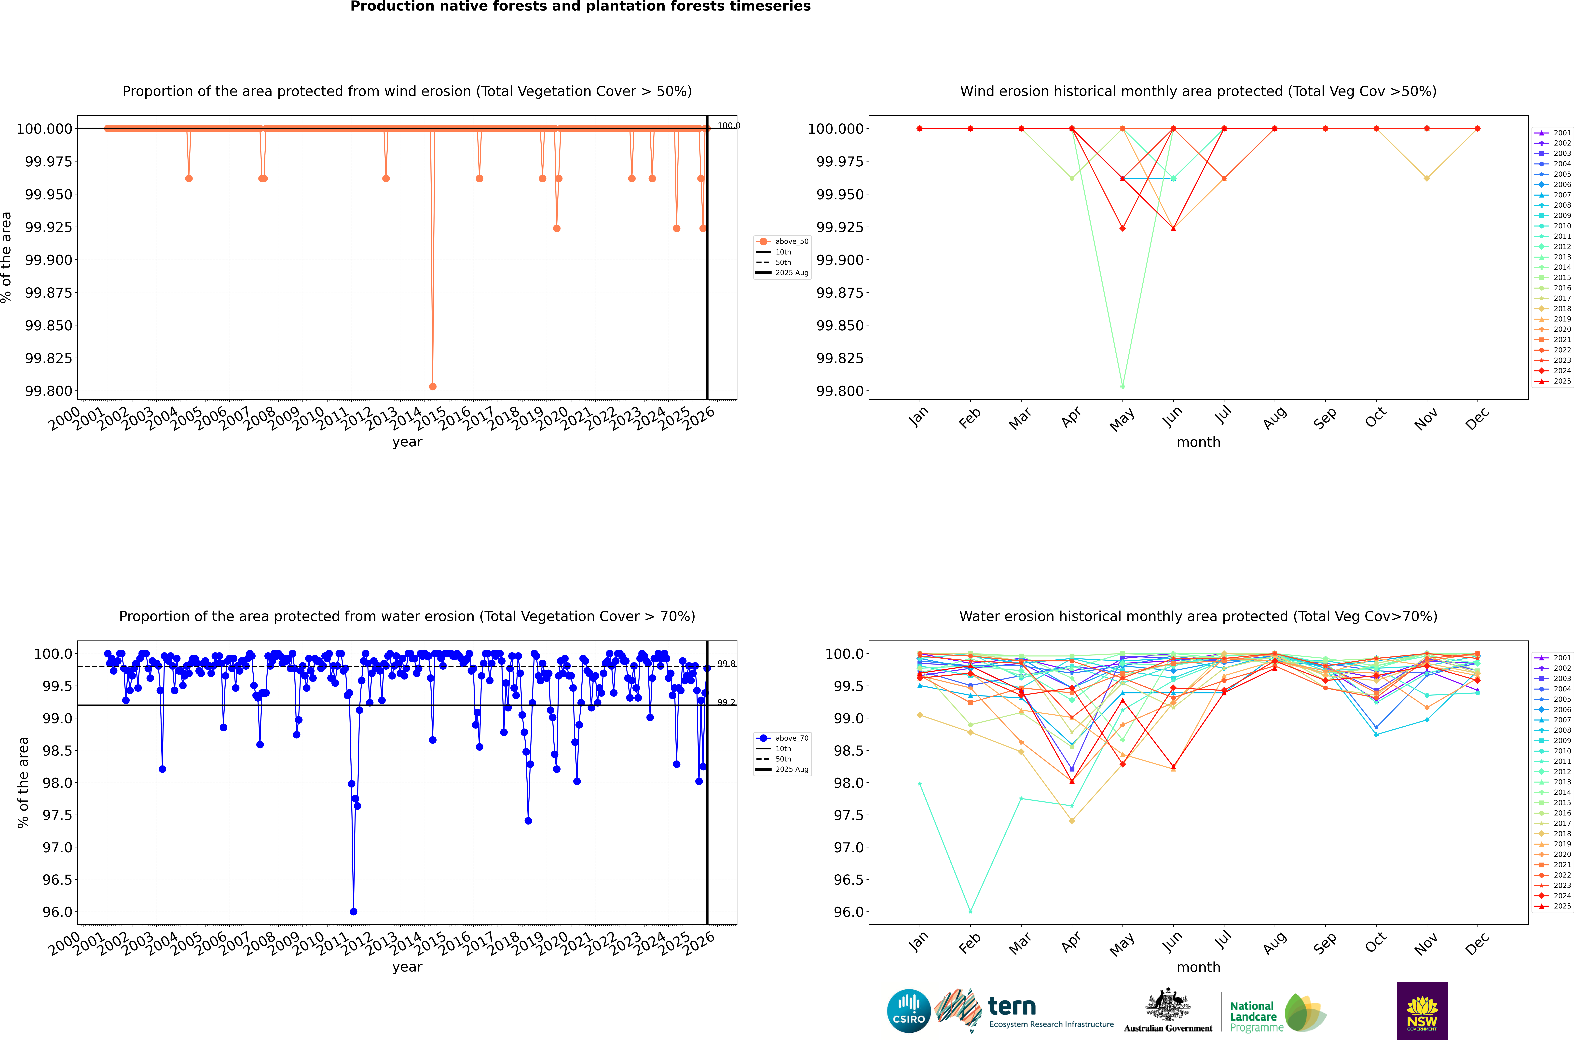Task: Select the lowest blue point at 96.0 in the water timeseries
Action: tap(354, 911)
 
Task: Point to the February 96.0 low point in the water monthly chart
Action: tap(970, 911)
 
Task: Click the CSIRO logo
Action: tap(909, 1011)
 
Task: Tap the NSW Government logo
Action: tap(1422, 1011)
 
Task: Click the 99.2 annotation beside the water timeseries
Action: tap(726, 702)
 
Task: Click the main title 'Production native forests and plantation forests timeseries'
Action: tap(580, 7)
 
